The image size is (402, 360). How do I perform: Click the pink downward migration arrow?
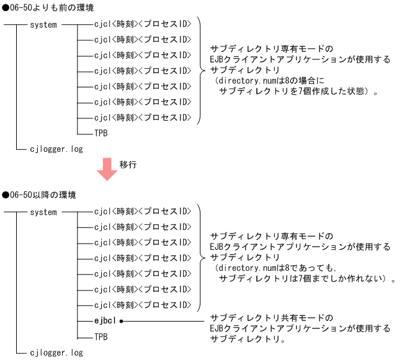coord(107,169)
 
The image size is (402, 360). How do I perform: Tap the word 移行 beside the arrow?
coord(128,164)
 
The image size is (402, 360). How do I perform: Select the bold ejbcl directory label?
coord(105,321)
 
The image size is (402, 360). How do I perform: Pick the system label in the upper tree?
coord(43,25)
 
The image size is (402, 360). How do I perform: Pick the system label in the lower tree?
coord(43,212)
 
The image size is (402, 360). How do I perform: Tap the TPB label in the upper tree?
coord(101,133)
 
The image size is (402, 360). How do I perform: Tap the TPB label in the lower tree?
coord(101,336)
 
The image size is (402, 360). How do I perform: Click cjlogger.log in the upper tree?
coord(56,149)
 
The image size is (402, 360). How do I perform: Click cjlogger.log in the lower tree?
coord(56,353)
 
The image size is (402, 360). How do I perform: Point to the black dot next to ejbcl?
coord(122,321)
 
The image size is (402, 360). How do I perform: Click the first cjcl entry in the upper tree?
coord(143,25)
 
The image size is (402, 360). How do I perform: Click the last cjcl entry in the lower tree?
coord(143,305)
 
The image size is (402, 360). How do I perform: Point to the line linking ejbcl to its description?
coord(164,321)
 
